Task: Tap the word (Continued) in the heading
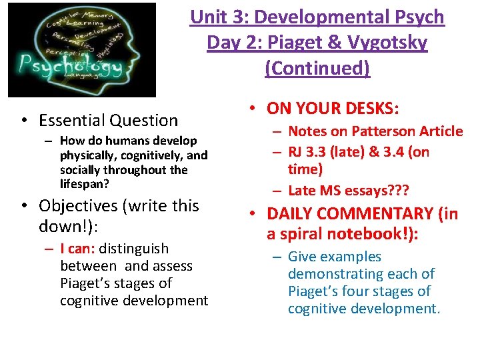(317, 68)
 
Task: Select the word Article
(439, 131)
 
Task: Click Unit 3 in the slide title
(211, 17)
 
